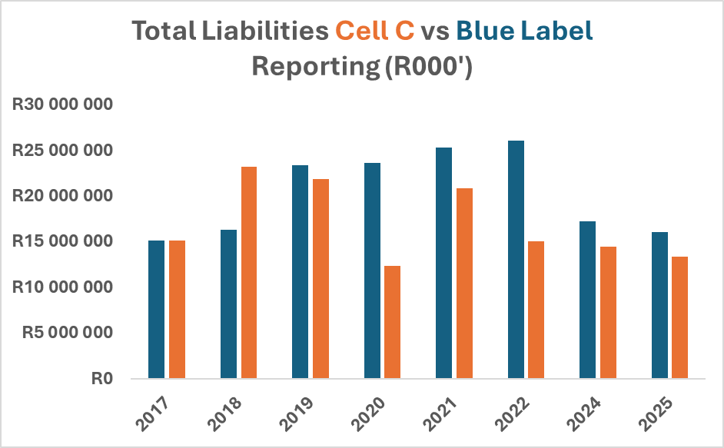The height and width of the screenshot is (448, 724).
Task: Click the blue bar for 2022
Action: [x=516, y=260]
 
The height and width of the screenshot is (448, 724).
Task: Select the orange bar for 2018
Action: [x=249, y=273]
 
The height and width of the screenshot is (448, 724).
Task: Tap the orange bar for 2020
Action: [x=393, y=323]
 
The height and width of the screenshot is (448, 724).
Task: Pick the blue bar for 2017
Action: [x=157, y=310]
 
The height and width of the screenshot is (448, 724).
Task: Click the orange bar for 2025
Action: [x=679, y=318]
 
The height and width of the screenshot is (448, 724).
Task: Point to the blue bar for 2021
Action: [x=443, y=264]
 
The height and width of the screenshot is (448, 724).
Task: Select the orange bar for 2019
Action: [x=321, y=279]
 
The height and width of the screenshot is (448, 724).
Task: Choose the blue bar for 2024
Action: [x=587, y=300]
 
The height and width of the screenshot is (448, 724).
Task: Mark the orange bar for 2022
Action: [x=536, y=310]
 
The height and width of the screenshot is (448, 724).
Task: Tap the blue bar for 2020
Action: [x=372, y=270]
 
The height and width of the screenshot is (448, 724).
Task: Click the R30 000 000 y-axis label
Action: [x=62, y=105]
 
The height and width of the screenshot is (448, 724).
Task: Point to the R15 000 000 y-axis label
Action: [x=62, y=241]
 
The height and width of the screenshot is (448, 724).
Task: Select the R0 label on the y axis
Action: [x=102, y=379]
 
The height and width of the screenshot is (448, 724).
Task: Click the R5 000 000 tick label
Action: [x=68, y=332]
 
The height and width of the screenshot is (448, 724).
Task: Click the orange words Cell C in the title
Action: [x=375, y=31]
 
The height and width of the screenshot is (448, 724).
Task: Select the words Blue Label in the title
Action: [x=524, y=31]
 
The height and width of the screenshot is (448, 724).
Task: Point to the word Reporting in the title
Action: [x=316, y=67]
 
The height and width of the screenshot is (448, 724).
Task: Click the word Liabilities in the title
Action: [x=265, y=31]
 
